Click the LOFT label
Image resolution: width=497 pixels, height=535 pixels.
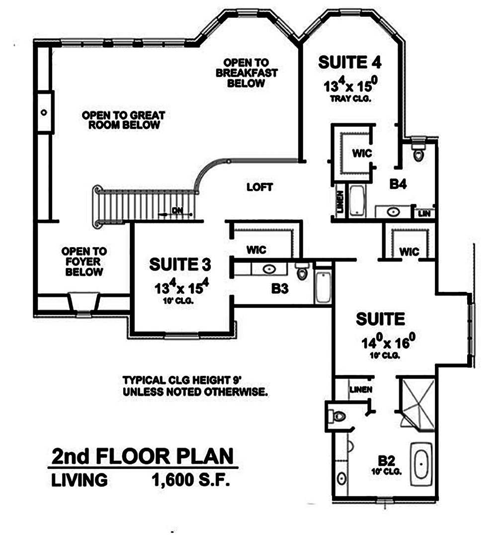[x=260, y=187]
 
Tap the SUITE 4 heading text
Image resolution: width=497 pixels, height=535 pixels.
[x=349, y=63]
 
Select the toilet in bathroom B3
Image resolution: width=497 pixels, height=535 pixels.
[x=302, y=272]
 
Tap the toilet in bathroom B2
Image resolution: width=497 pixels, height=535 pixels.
[x=339, y=416]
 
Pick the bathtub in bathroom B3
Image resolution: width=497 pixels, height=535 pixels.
[x=323, y=286]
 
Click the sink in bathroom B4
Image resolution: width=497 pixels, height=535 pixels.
[x=393, y=212]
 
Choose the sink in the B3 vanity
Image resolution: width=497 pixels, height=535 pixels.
[x=269, y=269]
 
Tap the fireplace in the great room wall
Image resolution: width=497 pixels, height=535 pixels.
[x=44, y=112]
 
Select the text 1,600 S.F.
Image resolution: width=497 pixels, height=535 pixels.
[x=191, y=480]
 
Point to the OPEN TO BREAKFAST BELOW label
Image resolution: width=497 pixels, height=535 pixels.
[x=246, y=73]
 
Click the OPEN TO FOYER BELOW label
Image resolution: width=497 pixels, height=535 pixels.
[x=83, y=262]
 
